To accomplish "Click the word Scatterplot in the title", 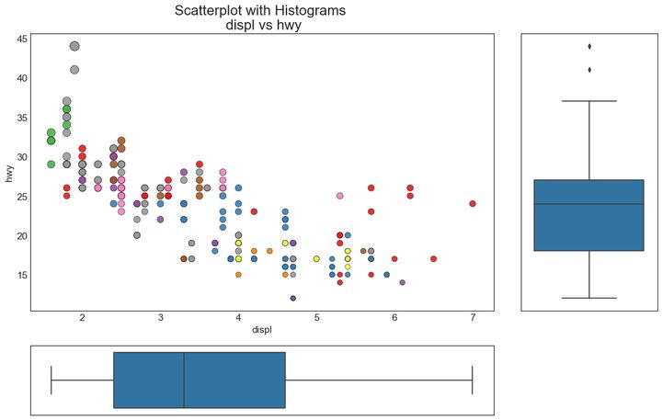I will pyautogui.click(x=213, y=11).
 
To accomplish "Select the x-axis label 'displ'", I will pyautogui.click(x=262, y=328).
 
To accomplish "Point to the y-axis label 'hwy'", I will pyautogui.click(x=10, y=173).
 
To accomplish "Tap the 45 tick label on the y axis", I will pyautogui.click(x=21, y=38).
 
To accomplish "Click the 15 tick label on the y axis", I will pyautogui.click(x=21, y=275).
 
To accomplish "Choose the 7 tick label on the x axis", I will pyautogui.click(x=473, y=318).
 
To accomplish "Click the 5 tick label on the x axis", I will pyautogui.click(x=316, y=318).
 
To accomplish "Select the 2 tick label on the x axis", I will pyautogui.click(x=83, y=318).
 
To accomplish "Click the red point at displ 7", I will pyautogui.click(x=473, y=204).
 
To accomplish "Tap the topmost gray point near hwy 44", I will pyautogui.click(x=74, y=46).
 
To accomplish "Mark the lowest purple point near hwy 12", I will pyautogui.click(x=293, y=298).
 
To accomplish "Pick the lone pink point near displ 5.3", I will pyautogui.click(x=340, y=196).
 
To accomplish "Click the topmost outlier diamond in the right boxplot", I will pyautogui.click(x=589, y=46).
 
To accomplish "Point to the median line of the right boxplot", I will pyautogui.click(x=589, y=204).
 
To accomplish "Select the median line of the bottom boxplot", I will pyautogui.click(x=184, y=380).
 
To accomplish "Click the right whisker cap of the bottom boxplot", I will pyautogui.click(x=473, y=380).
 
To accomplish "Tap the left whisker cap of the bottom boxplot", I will pyautogui.click(x=51, y=380).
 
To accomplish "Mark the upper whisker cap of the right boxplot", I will pyautogui.click(x=589, y=101).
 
